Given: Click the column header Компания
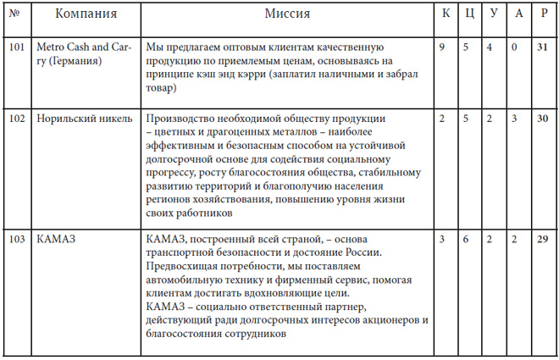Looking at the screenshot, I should [86, 15].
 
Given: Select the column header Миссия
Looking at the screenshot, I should [287, 15].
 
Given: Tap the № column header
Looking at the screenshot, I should [16, 15].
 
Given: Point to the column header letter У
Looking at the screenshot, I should [491, 15].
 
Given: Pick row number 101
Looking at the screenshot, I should [16, 47].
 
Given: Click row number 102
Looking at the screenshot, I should [16, 118].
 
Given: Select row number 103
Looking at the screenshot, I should [16, 241].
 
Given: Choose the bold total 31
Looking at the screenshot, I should [542, 47].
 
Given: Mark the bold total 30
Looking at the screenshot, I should [542, 118].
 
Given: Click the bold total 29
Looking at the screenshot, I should [542, 241].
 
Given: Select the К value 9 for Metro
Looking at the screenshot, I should [442, 47].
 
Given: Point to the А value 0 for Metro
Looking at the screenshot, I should [515, 47].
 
